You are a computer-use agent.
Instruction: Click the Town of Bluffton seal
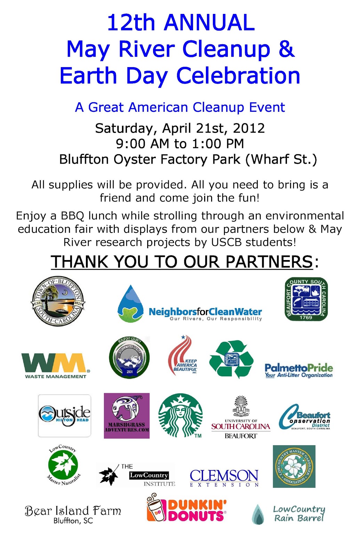58,301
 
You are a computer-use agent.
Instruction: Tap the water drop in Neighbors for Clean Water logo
130,304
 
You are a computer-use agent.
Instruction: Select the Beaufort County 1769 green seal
306,299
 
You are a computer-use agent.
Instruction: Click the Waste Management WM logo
55,365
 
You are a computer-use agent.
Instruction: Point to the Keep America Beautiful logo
183,355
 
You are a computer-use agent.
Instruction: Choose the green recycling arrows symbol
231,359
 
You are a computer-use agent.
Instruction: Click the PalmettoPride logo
298,370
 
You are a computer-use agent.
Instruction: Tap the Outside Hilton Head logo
64,415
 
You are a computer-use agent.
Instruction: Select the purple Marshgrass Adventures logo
127,416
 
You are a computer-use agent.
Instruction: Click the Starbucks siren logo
180,415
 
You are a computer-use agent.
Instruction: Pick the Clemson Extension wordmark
224,477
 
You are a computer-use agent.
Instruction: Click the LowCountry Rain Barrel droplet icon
258,515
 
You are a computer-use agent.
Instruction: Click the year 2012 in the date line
249,128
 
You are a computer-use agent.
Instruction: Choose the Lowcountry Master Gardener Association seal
294,466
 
